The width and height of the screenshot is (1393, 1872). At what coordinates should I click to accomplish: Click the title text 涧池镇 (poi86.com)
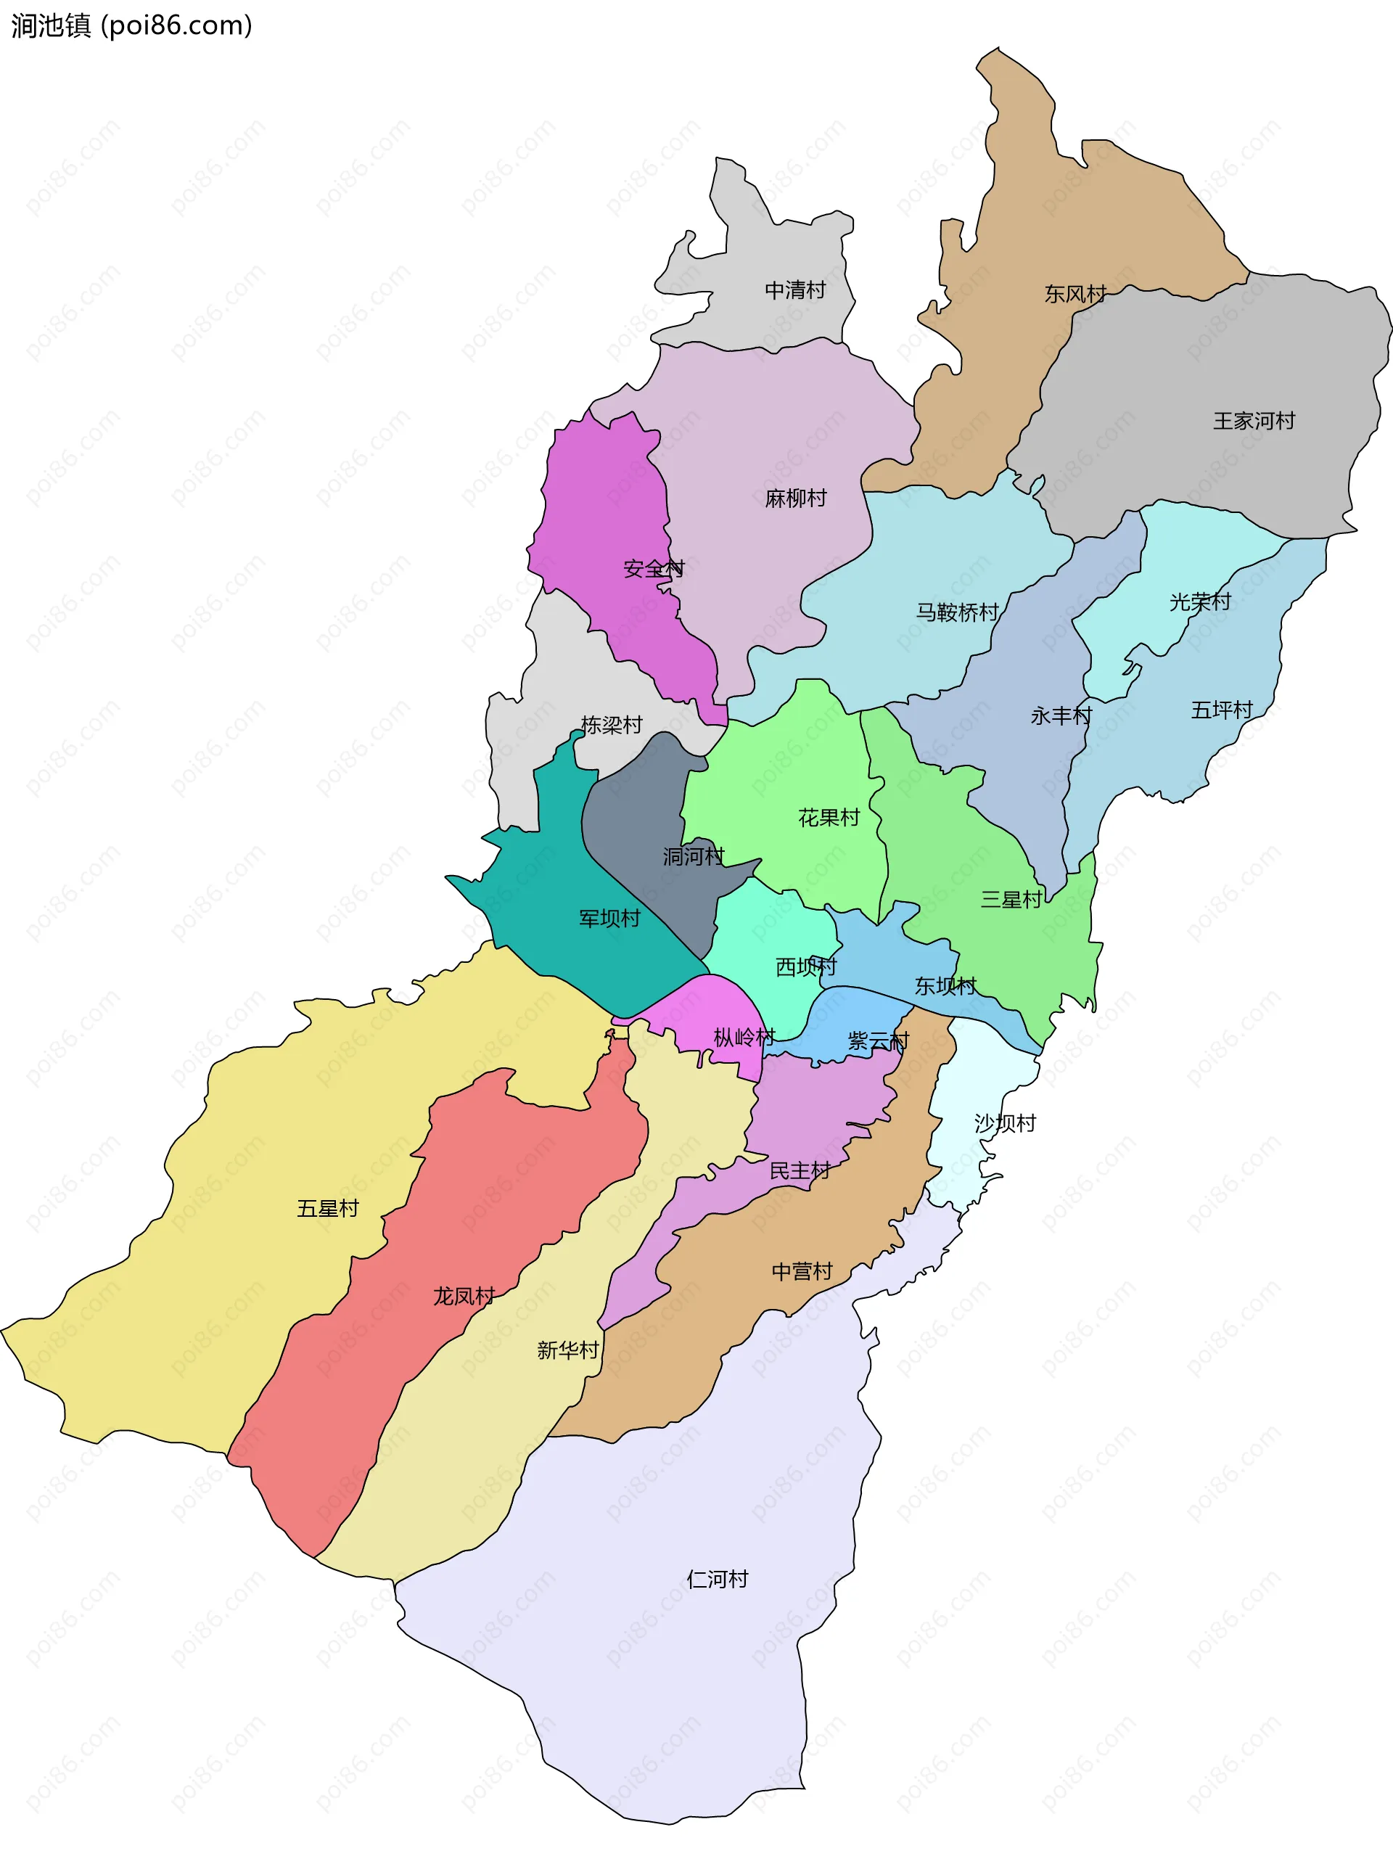tap(131, 25)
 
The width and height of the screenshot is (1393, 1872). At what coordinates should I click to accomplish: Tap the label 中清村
tap(794, 290)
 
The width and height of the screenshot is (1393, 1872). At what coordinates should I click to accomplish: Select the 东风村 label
tap(1075, 293)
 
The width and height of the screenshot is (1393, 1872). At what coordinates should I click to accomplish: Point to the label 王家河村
tap(1253, 421)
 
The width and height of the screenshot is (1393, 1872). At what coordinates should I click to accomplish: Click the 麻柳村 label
tap(795, 498)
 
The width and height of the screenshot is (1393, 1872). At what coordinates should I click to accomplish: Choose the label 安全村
tap(654, 568)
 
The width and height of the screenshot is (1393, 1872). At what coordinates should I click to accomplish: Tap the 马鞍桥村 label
tap(957, 612)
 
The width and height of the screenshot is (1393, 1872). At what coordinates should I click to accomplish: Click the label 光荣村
tap(1199, 602)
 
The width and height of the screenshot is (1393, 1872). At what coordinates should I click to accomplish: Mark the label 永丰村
tap(1061, 715)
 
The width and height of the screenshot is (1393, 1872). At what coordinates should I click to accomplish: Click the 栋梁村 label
tap(612, 724)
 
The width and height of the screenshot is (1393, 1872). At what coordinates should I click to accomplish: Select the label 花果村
tap(828, 817)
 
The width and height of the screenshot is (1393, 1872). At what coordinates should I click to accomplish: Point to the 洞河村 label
tap(693, 856)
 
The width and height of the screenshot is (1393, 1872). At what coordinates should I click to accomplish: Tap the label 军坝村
tap(609, 919)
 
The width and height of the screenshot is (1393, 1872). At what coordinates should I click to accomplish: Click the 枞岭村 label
tap(744, 1037)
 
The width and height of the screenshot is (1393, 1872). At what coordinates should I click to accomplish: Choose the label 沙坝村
tap(1004, 1122)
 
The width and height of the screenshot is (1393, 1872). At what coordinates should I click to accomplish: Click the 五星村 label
tap(327, 1208)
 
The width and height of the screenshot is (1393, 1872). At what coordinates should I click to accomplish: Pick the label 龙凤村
tap(464, 1296)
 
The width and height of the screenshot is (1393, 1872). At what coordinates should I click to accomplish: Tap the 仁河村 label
tap(717, 1579)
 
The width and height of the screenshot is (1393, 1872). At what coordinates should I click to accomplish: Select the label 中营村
tap(801, 1270)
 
